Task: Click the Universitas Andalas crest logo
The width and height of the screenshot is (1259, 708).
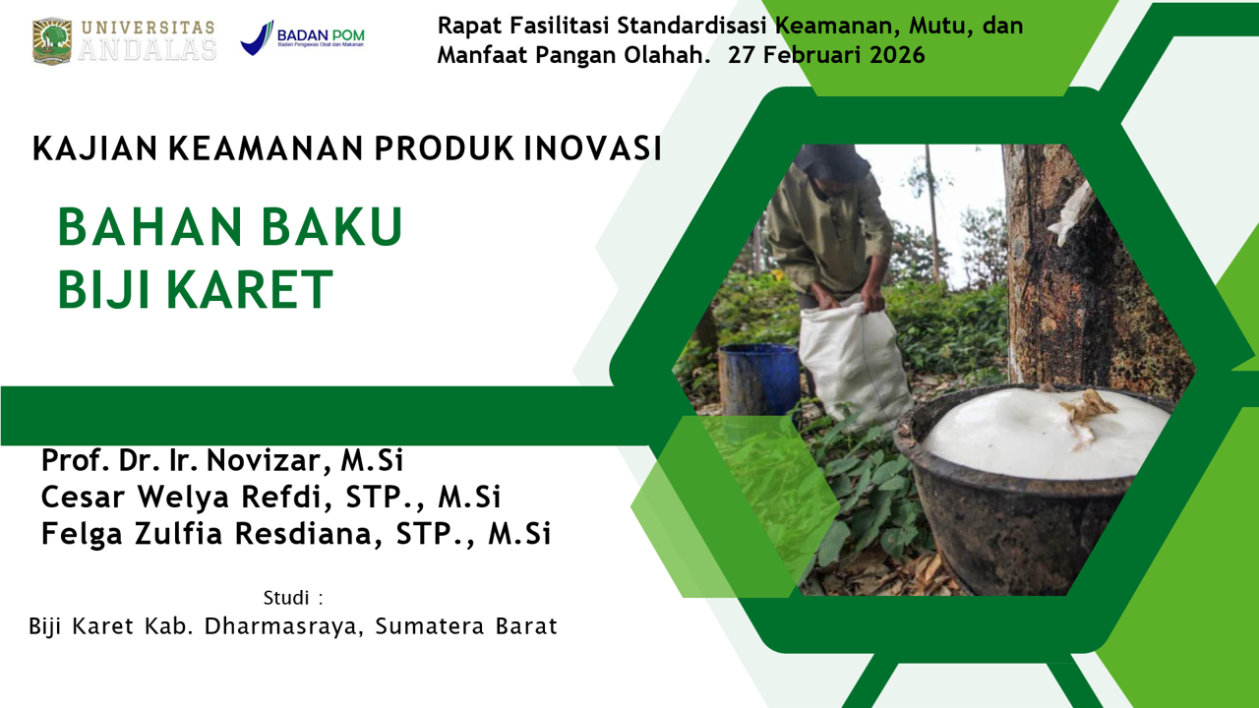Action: [x=52, y=40]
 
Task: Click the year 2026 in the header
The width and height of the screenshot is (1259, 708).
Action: [x=896, y=55]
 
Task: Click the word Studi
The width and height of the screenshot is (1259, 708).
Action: [x=286, y=597]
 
